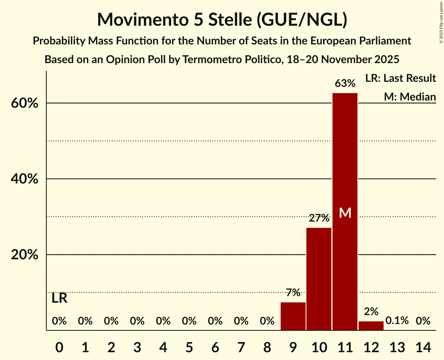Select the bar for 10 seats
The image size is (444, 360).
pos(319,279)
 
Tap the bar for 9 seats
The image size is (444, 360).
pos(293,316)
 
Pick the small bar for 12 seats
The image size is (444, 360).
pos(371,326)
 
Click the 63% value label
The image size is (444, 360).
pos(345,83)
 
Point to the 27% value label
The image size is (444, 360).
pos(319,218)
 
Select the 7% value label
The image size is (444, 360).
pos(293,293)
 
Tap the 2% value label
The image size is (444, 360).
pos(371,311)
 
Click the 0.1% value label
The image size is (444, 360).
pos(397,321)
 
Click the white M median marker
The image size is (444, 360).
pos(345,213)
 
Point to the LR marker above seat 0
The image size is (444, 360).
pos(59,298)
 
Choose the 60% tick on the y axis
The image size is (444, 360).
pos(27,104)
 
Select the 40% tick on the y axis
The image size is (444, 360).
pos(27,179)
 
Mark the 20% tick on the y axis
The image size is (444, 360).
pos(27,255)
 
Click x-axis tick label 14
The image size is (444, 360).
pos(423,346)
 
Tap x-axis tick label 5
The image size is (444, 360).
pos(189,346)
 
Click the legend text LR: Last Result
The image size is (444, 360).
pos(400,78)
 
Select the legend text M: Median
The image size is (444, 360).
pos(410,97)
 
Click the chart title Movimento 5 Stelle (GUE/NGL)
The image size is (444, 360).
pos(222,19)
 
